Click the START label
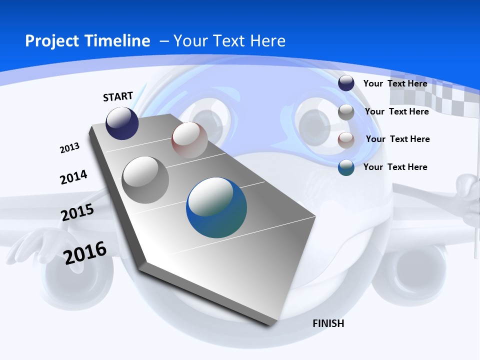click(x=118, y=96)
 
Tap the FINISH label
click(x=328, y=323)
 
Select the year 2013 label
click(x=69, y=148)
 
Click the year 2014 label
click(x=73, y=177)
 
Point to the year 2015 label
click(x=77, y=212)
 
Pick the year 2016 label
click(x=85, y=252)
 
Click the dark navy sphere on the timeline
click(x=122, y=123)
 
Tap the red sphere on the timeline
click(x=189, y=140)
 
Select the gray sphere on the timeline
click(x=145, y=179)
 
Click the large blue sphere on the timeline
click(x=216, y=207)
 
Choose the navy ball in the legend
click(x=346, y=83)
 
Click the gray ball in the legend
click(x=346, y=112)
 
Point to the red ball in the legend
click(x=346, y=140)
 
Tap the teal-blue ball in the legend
click(x=346, y=167)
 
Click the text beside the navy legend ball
click(x=395, y=83)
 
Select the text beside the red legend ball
click(x=397, y=139)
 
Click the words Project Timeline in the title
click(x=87, y=41)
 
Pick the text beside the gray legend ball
click(x=396, y=111)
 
